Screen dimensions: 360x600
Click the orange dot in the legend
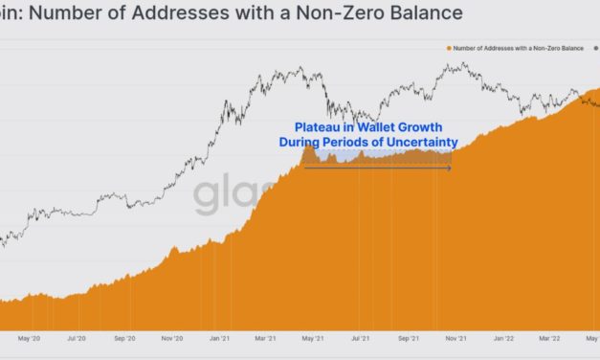(447, 47)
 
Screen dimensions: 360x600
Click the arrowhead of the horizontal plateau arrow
(449, 168)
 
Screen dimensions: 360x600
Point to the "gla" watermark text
(226, 196)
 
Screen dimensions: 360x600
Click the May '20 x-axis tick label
(28, 338)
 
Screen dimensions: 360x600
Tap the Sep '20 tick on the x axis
(124, 338)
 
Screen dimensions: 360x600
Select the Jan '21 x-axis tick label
(220, 338)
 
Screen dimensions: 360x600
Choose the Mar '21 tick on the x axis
(267, 338)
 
